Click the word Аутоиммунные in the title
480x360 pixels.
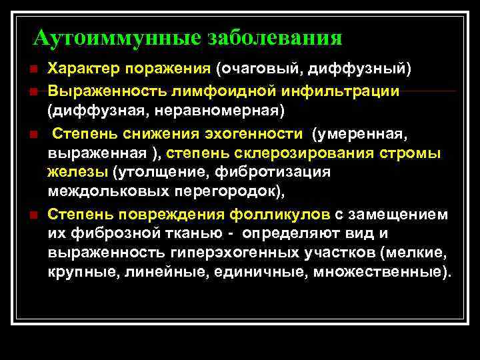point(116,37)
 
